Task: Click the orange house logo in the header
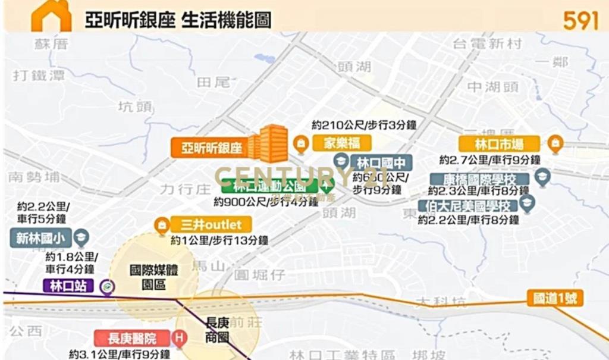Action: coord(51,16)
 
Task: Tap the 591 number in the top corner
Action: coord(580,20)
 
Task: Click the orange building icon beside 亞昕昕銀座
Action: coord(268,143)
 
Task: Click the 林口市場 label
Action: coord(499,143)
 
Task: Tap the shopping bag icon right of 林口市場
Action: coord(555,143)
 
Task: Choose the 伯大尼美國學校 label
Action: coord(467,206)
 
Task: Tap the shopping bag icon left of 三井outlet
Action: coord(161,225)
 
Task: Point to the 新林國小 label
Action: coord(40,239)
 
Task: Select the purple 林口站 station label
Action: coord(68,286)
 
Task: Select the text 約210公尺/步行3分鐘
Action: coord(364,125)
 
